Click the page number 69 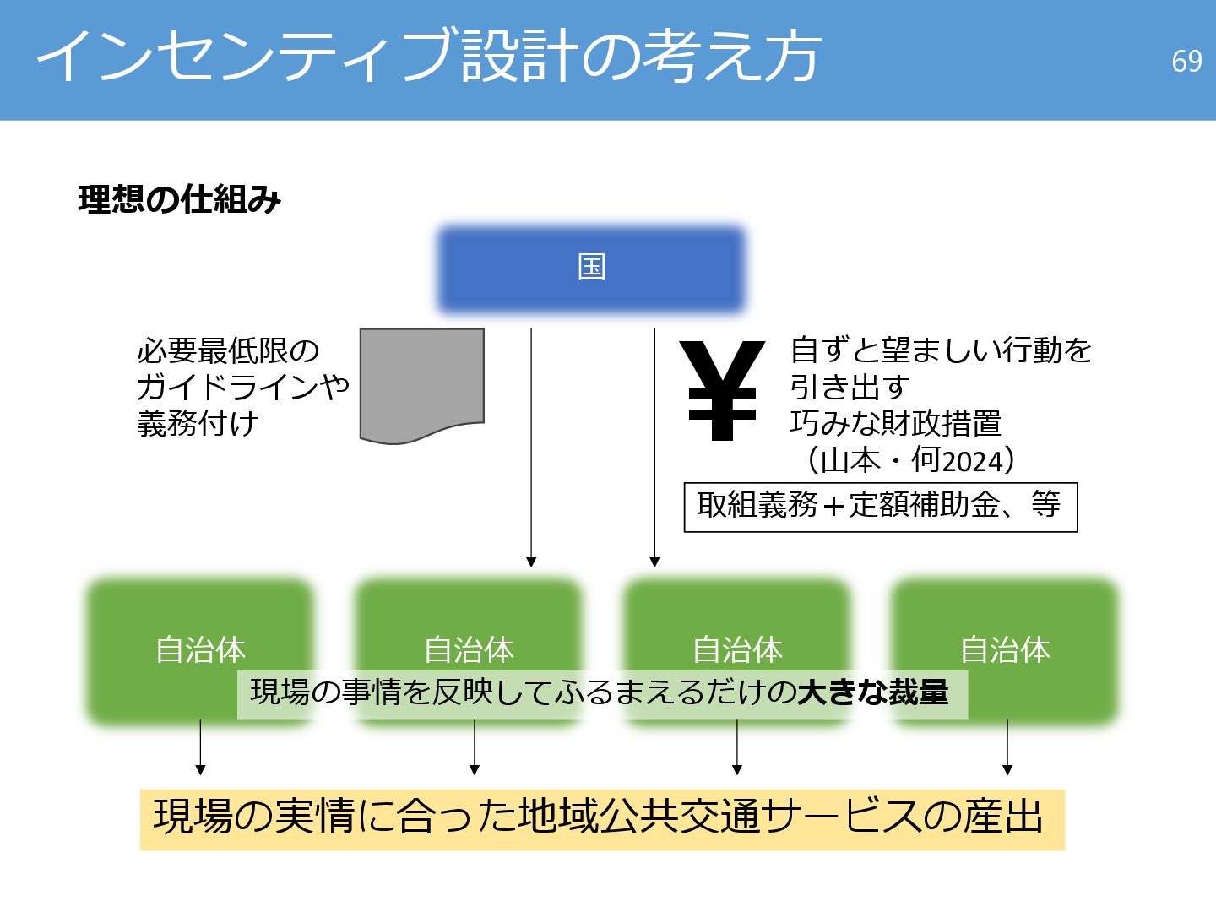pyautogui.click(x=1186, y=61)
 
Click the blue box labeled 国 pyautogui.click(x=591, y=269)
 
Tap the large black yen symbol pyautogui.click(x=722, y=390)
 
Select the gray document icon pyautogui.click(x=421, y=384)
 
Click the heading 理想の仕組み pyautogui.click(x=179, y=200)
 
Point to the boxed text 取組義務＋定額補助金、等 pyautogui.click(x=880, y=507)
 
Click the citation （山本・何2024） pyautogui.click(x=909, y=461)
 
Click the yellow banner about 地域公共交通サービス pyautogui.click(x=601, y=818)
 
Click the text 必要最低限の pyautogui.click(x=228, y=350)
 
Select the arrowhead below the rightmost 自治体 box pyautogui.click(x=1007, y=768)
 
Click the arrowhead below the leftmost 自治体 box pyautogui.click(x=200, y=768)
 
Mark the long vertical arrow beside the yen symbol pyautogui.click(x=654, y=448)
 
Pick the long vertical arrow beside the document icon pyautogui.click(x=531, y=448)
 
